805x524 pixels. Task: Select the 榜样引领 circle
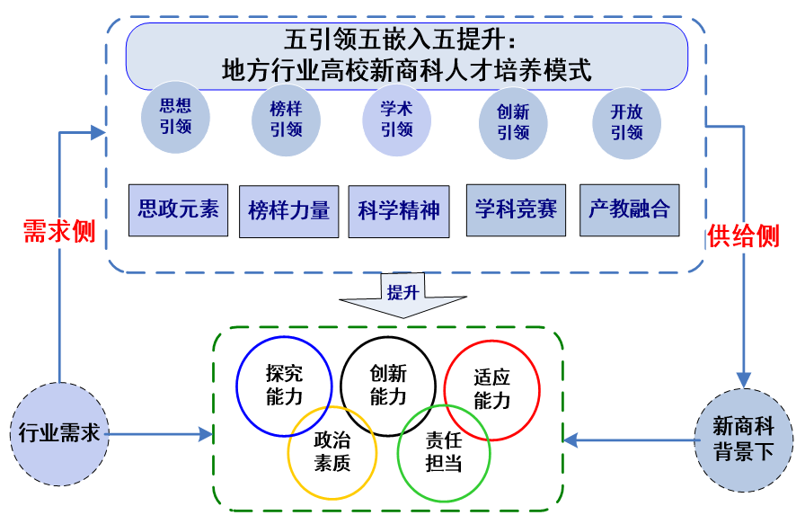coord(286,121)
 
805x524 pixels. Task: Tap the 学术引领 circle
coord(396,120)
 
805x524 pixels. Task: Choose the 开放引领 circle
coord(626,122)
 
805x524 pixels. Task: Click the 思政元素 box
coord(178,210)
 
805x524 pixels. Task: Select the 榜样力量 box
coord(288,211)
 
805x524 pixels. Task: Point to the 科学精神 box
coord(399,211)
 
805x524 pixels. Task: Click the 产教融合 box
coord(629,210)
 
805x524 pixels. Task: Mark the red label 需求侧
coord(59,231)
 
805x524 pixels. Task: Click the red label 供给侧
coord(743,235)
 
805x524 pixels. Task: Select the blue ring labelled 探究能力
coord(283,385)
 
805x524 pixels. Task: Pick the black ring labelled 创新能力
coord(388,386)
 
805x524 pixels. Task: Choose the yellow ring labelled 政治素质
coord(331,453)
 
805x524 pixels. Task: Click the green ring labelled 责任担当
coord(444,453)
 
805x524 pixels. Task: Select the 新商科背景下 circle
coord(743,440)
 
